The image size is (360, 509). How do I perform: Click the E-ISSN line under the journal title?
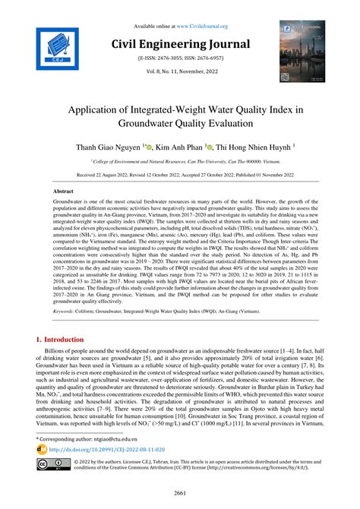(180, 57)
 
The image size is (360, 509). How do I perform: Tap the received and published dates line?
(180, 174)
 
